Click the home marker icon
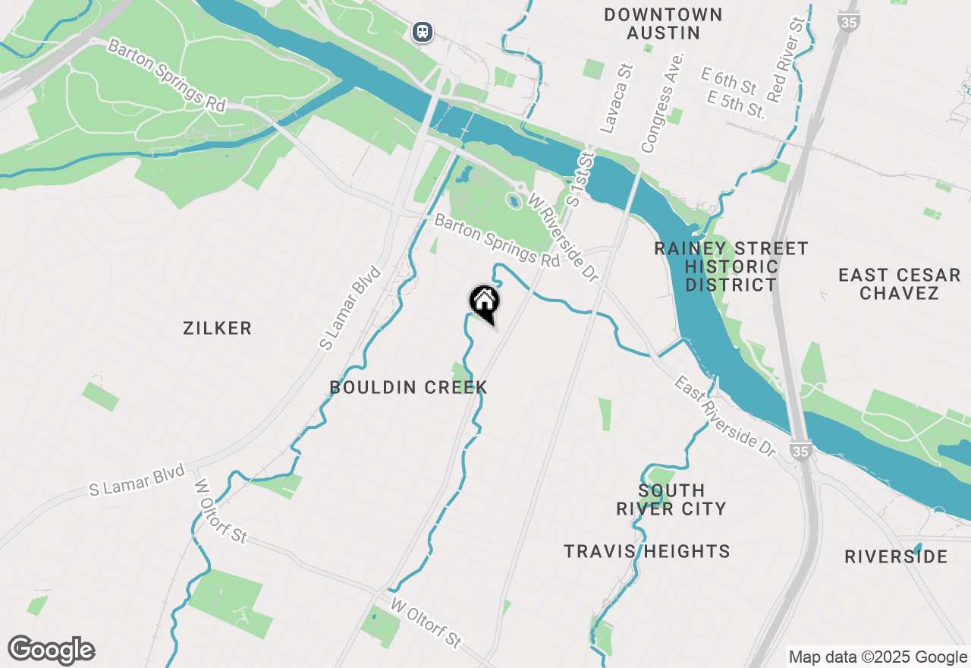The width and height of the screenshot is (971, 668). coord(484,301)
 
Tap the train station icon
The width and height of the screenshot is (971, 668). coord(423,32)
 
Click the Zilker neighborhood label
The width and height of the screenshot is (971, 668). coord(217,328)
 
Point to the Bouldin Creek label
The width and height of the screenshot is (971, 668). coord(408,387)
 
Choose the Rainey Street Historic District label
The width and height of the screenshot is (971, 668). coord(731,266)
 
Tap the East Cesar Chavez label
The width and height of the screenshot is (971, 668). coord(899,284)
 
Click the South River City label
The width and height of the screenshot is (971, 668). coord(671,499)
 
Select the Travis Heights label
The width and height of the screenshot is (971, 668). coord(647,551)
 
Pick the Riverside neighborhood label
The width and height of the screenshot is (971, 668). coord(896,556)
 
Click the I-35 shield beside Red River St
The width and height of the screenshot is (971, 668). coord(849,22)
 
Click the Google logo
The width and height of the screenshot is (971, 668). coord(52,650)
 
